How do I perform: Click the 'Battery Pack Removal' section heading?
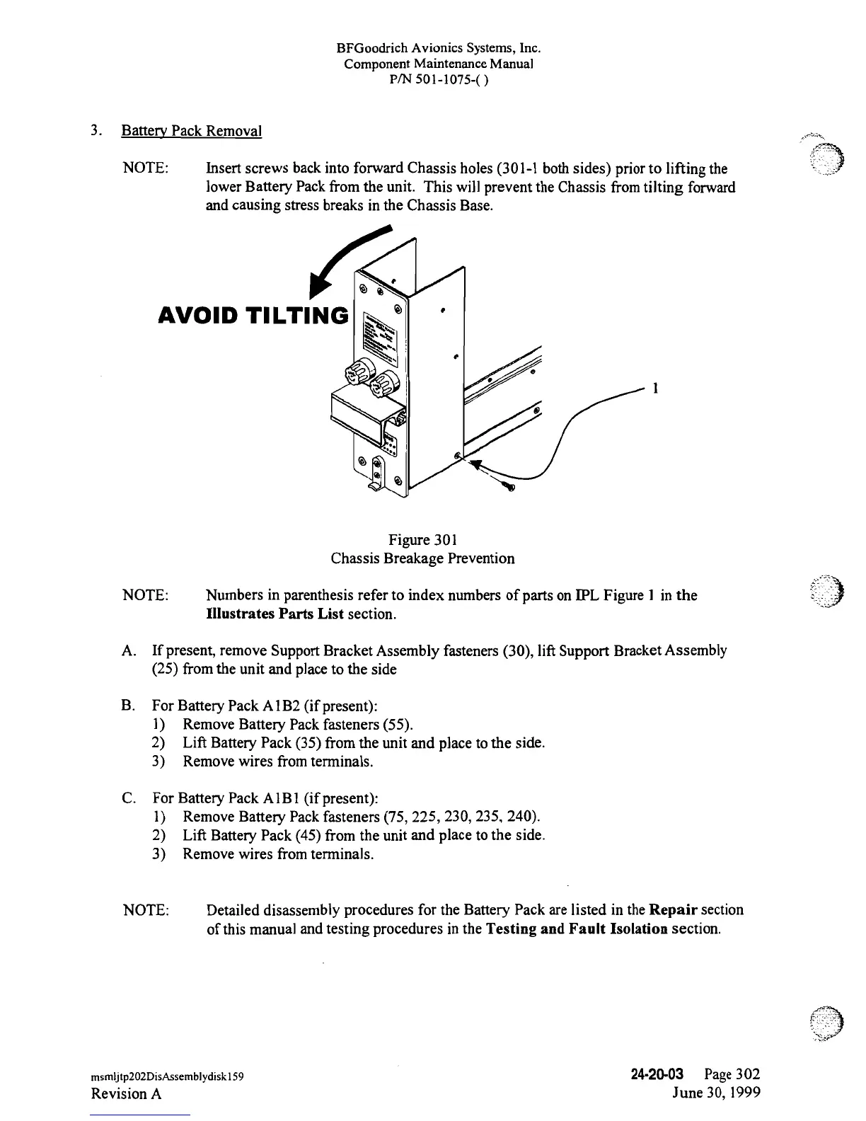192,132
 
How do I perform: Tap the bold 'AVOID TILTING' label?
253,316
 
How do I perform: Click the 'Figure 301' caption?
422,540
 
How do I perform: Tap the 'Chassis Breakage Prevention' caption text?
422,558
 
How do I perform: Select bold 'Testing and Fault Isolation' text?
577,929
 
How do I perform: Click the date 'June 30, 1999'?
716,1093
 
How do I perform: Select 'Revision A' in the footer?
127,1093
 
